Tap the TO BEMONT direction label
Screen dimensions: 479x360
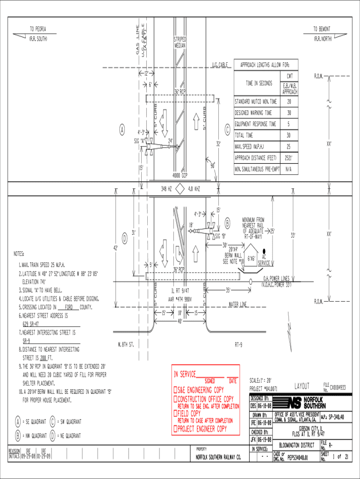322,29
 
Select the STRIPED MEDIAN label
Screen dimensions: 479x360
180,43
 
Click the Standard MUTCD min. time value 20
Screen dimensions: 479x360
289,102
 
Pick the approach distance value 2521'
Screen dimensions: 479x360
289,158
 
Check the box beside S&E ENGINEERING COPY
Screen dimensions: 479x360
175,390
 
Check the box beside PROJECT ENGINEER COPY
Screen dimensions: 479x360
175,428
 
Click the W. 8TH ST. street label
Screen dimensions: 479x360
126,345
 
